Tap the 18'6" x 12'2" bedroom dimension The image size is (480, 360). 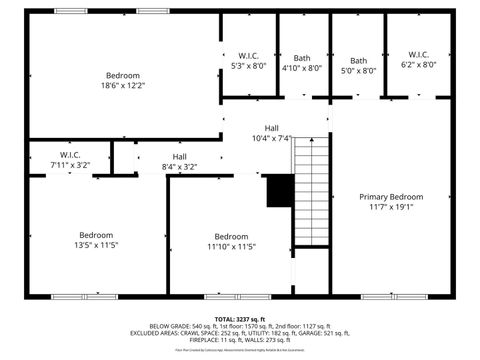point(123,86)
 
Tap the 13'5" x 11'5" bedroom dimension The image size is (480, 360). point(96,245)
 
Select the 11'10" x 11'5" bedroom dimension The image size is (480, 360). point(231,246)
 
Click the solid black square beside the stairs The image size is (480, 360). point(279,191)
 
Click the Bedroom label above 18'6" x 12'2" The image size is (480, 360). point(123,76)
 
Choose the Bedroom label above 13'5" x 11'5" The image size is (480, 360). point(96,235)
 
